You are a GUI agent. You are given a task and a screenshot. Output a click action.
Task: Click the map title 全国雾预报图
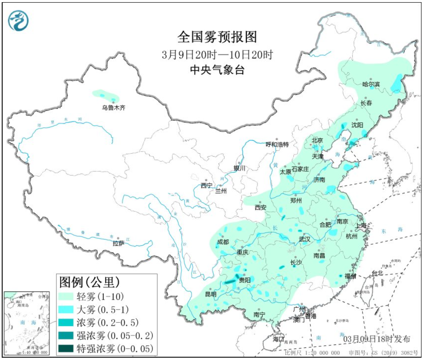[x=217, y=37]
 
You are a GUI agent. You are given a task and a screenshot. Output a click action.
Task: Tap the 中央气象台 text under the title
[x=217, y=70]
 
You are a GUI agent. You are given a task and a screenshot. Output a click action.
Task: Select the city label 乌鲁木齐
[x=113, y=108]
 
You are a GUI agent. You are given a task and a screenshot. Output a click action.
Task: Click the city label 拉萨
[x=118, y=243]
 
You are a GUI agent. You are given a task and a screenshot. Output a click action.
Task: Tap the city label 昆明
[x=211, y=295]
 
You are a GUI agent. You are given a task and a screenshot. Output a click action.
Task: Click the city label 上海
[x=361, y=226]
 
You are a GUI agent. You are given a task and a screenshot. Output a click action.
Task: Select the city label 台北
[x=377, y=273]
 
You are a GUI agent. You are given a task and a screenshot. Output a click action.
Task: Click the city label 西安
[x=261, y=208]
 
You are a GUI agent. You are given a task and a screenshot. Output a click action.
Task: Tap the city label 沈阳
[x=357, y=124]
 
